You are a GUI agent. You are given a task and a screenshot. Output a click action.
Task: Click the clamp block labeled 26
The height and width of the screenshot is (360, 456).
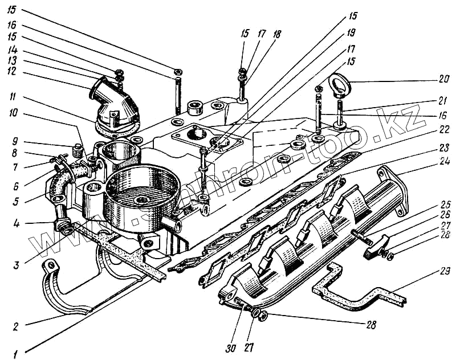click(377, 247)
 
